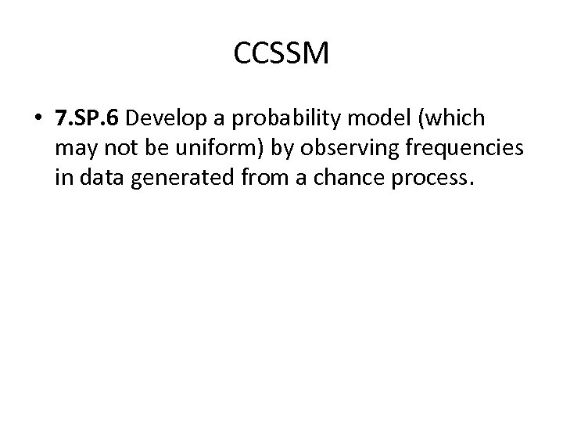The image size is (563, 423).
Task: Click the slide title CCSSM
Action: [281, 53]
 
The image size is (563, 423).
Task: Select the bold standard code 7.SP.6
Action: [89, 118]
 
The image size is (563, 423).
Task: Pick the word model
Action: [369, 118]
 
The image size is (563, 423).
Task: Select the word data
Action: [99, 177]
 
